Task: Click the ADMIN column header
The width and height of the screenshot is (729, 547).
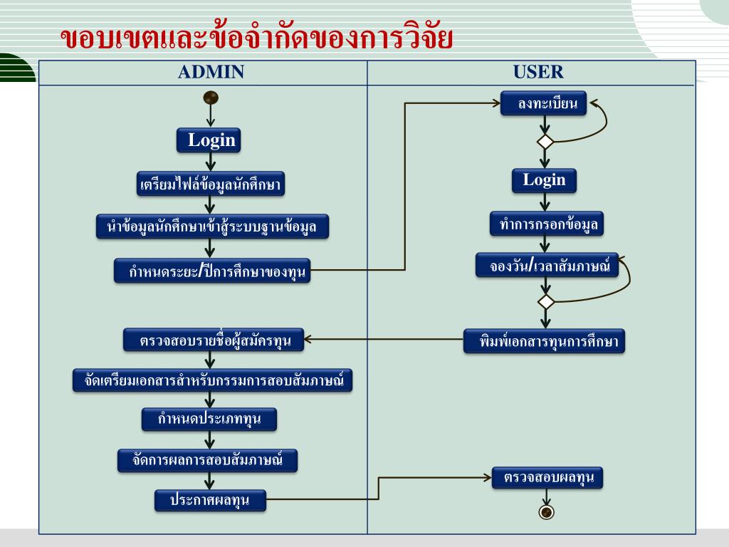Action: tap(211, 72)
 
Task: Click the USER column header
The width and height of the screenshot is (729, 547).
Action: tap(538, 72)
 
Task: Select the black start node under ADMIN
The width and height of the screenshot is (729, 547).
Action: tap(211, 97)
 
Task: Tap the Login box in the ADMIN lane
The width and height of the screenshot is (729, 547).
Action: tap(211, 140)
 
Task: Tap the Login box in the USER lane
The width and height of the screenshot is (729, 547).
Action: tap(544, 180)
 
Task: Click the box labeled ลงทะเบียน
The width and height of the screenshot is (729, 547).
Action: tap(543, 105)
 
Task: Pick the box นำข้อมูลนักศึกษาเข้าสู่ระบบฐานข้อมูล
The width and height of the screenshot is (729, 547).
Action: tap(211, 227)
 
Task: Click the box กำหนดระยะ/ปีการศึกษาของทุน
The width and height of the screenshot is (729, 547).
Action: tap(212, 271)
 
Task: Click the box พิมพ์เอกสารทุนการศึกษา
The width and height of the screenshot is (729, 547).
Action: tap(545, 341)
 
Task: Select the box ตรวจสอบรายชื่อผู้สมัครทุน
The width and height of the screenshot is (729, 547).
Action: tap(213, 340)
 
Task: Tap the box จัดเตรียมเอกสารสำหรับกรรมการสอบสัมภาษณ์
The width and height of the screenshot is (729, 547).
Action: tap(213, 380)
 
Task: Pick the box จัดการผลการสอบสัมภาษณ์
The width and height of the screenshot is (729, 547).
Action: tap(207, 461)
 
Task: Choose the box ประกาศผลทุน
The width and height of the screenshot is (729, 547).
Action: tap(210, 500)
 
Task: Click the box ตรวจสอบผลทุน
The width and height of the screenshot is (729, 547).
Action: tap(547, 477)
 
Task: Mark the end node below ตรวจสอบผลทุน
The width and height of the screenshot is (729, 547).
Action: tap(546, 512)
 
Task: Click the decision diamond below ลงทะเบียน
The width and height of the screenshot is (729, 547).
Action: tap(545, 141)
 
